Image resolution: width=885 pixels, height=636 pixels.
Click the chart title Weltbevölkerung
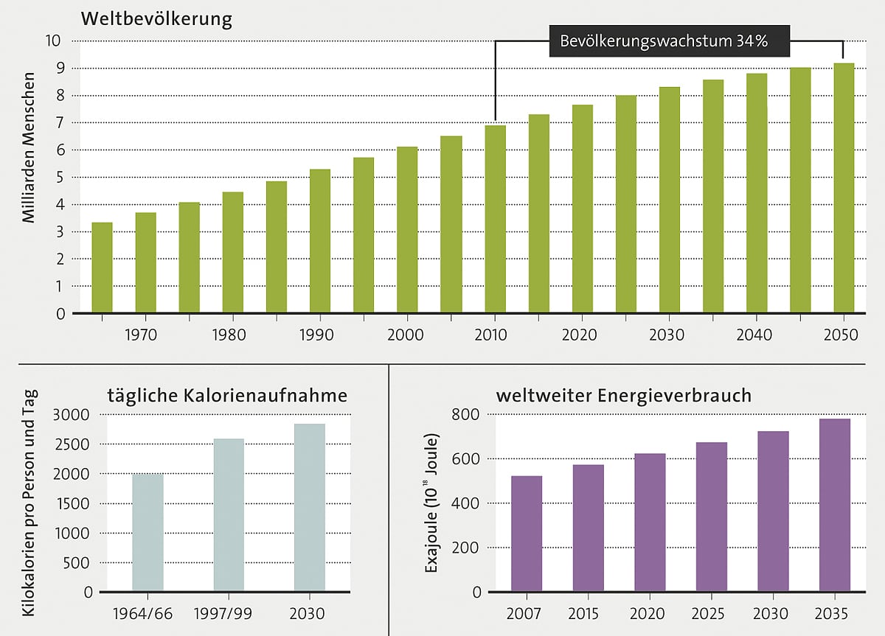156,18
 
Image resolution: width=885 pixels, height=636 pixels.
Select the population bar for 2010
495,219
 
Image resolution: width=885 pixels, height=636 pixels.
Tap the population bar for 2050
844,188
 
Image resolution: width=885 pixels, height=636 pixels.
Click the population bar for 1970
145,262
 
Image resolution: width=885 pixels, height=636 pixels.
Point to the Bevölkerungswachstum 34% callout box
669,41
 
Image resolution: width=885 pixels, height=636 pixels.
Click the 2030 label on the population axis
667,335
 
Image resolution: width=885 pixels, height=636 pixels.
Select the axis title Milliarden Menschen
28,147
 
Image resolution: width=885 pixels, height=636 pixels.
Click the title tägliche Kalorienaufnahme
226,396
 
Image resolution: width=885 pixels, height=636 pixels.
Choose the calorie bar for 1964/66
147,532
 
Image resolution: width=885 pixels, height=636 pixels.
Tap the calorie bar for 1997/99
229,515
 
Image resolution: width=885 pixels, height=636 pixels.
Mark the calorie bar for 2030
309,507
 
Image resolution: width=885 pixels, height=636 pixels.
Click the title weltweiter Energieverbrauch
623,396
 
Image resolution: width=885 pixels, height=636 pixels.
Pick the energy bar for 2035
835,505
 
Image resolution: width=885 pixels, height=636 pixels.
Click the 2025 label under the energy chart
712,614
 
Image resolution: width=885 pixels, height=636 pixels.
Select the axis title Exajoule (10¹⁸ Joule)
433,505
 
